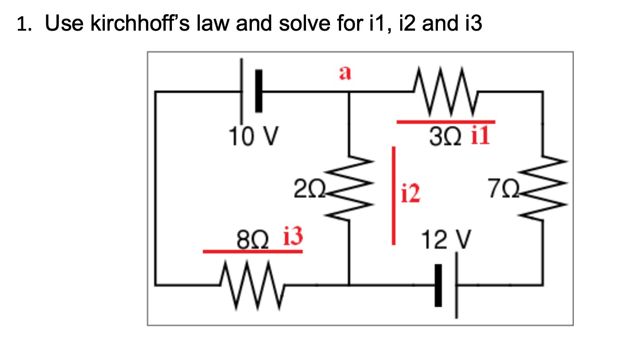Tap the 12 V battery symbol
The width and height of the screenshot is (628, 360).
(x=447, y=284)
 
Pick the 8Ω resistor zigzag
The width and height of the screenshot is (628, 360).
(x=251, y=285)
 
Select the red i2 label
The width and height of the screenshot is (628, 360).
(x=410, y=194)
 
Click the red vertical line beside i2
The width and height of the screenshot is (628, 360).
(x=393, y=195)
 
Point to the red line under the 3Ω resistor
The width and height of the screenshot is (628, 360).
(x=445, y=121)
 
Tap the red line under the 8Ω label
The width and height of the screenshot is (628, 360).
(x=252, y=252)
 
